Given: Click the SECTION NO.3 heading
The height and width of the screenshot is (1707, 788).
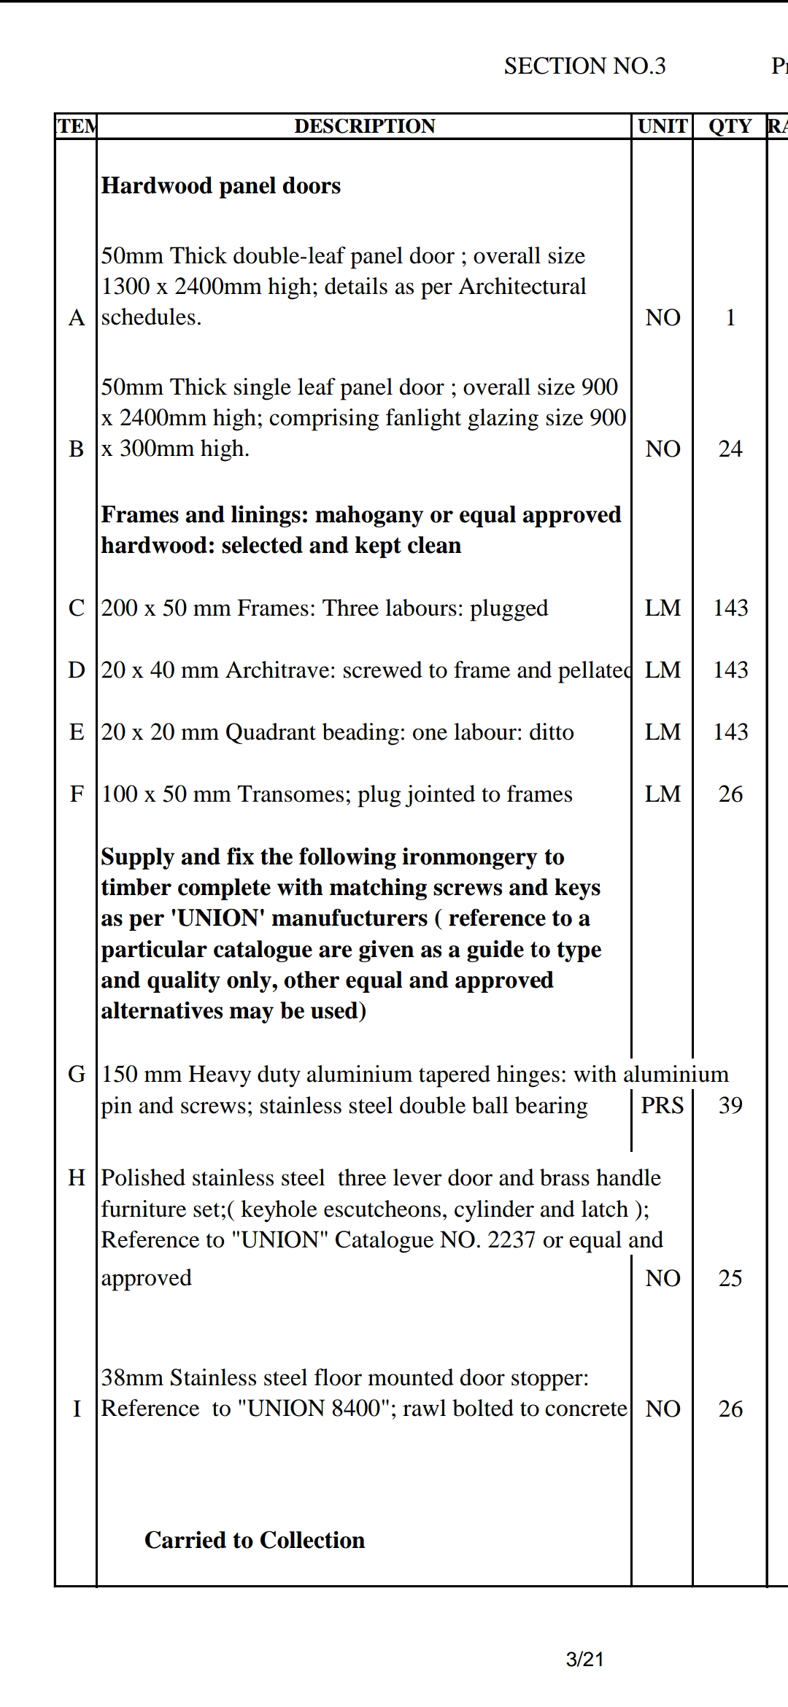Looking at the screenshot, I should pos(584,66).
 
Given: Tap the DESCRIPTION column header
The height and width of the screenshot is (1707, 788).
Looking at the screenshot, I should pos(364,126).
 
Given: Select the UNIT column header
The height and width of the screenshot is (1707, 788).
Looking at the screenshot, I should pos(663,126).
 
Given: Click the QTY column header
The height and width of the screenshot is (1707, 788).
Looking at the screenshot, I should pos(730,126).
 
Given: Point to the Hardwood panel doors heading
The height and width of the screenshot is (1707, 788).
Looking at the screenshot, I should pos(221,186).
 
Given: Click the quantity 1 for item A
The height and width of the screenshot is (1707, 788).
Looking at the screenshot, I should pos(730,317).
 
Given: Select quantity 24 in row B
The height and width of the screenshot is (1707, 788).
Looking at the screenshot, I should pos(730,449).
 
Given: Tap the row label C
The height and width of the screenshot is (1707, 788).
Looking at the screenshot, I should pos(77,608).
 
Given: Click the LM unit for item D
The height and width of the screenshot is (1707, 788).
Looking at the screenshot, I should pos(663,670).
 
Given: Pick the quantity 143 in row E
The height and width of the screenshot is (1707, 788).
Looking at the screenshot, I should pos(730,732).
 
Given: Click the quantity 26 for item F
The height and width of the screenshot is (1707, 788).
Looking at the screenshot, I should pos(730,794).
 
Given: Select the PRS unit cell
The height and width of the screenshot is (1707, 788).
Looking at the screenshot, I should pos(663,1105).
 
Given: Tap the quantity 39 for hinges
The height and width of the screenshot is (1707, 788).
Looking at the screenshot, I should pos(730,1105).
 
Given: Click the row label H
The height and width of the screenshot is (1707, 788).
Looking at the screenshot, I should pos(77,1177).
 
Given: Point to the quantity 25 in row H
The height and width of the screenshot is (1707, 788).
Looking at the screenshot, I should pos(730,1278).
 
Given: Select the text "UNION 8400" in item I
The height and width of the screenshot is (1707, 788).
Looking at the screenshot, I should pos(314,1408).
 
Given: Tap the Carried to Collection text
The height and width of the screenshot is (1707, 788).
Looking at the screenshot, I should pos(255,1540).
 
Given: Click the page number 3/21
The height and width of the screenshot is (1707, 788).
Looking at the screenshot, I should pos(584,1660).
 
